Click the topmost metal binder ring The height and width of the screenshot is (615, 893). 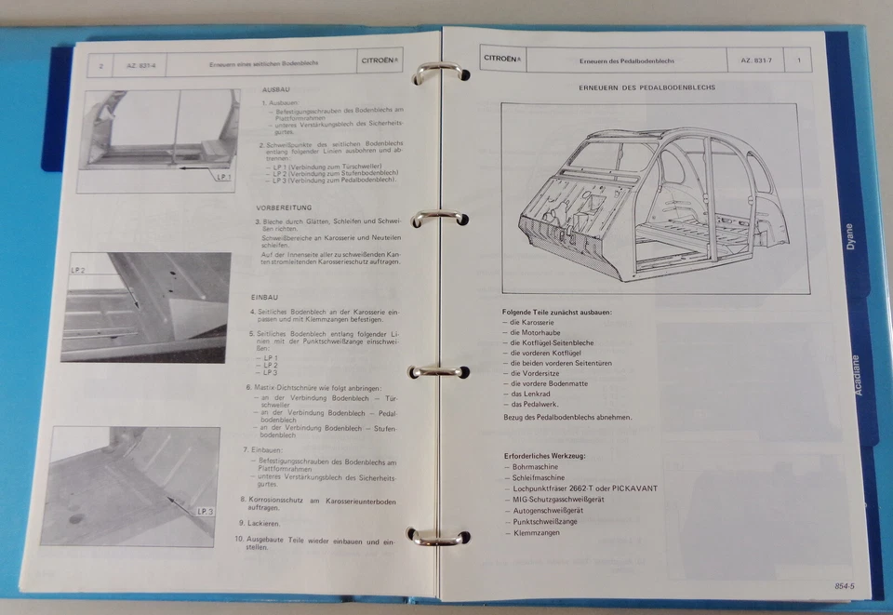point(437,73)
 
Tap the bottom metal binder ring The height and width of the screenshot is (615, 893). point(437,536)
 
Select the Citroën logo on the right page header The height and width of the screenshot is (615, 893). point(501,59)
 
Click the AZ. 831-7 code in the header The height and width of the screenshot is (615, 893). point(759,60)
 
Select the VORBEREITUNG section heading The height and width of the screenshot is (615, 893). point(284,207)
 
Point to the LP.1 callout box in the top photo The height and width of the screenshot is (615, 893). point(223,176)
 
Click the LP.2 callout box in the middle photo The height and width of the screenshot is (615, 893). point(77,270)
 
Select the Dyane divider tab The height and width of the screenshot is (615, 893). point(849,237)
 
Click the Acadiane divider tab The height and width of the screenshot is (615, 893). point(858,374)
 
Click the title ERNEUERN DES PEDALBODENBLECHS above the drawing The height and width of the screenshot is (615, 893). point(646,87)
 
